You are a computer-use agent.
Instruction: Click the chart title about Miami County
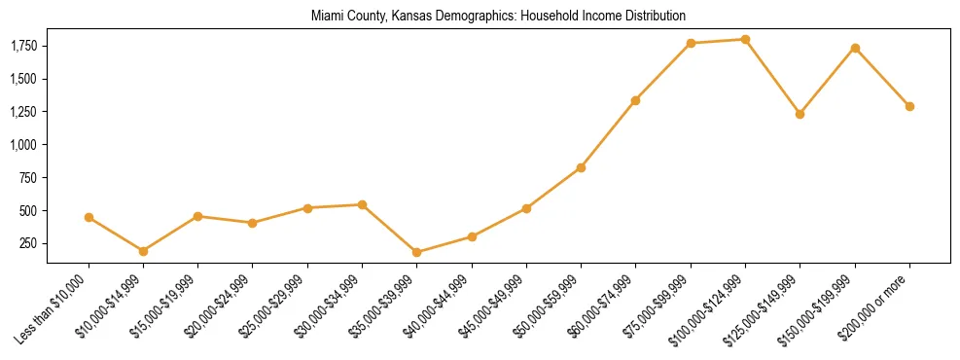[498, 16]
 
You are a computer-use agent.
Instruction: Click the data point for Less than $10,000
[89, 217]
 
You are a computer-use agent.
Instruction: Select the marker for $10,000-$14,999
[144, 251]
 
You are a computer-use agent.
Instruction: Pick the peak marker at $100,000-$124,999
[745, 39]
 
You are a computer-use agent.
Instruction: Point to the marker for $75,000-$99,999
[691, 43]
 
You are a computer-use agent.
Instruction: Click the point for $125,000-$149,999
[800, 114]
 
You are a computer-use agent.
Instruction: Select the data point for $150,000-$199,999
[855, 48]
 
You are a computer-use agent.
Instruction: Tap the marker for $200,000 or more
[909, 106]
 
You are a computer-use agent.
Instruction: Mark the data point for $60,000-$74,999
[636, 100]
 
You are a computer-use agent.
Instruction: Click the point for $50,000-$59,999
[581, 167]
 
